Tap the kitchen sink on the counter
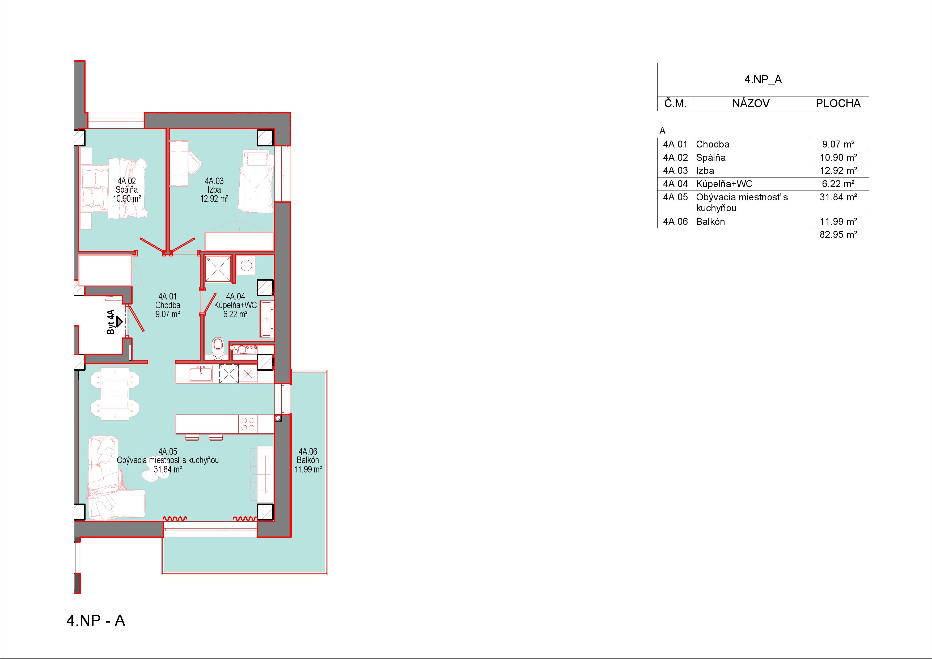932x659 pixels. tap(201, 373)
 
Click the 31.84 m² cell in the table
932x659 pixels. tap(838, 197)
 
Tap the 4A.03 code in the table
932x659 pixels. tap(675, 171)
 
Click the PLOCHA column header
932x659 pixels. tap(838, 104)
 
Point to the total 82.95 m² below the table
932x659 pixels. tap(838, 235)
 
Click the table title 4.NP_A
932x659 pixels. tap(763, 79)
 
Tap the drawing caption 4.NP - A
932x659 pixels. tap(96, 620)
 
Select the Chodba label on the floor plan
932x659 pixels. tap(168, 305)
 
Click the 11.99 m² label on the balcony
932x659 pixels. tap(308, 469)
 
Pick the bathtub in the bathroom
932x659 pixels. tap(267, 319)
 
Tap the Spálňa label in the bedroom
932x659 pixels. tap(127, 190)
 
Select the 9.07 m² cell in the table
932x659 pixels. tap(838, 144)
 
